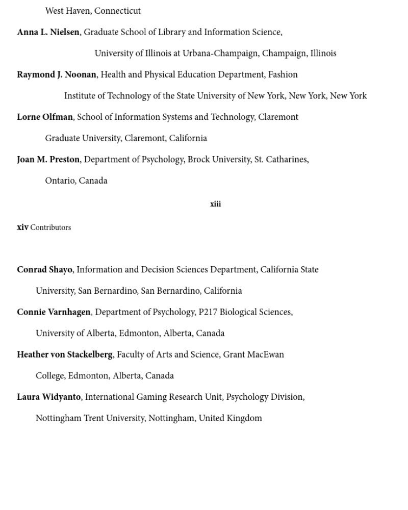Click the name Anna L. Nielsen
tap(48, 32)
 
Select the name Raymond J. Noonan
tap(56, 74)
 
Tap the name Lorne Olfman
tap(45, 117)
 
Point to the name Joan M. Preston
tap(48, 159)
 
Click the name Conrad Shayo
tap(44, 269)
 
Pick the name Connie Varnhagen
tap(54, 312)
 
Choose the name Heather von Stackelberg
tap(64, 354)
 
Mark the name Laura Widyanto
tap(48, 397)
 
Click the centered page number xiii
tap(215, 204)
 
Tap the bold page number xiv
tap(22, 227)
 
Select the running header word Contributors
tap(50, 227)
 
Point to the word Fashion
tap(283, 74)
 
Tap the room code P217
tap(208, 312)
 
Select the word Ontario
tap(60, 181)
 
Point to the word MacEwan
tap(266, 354)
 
